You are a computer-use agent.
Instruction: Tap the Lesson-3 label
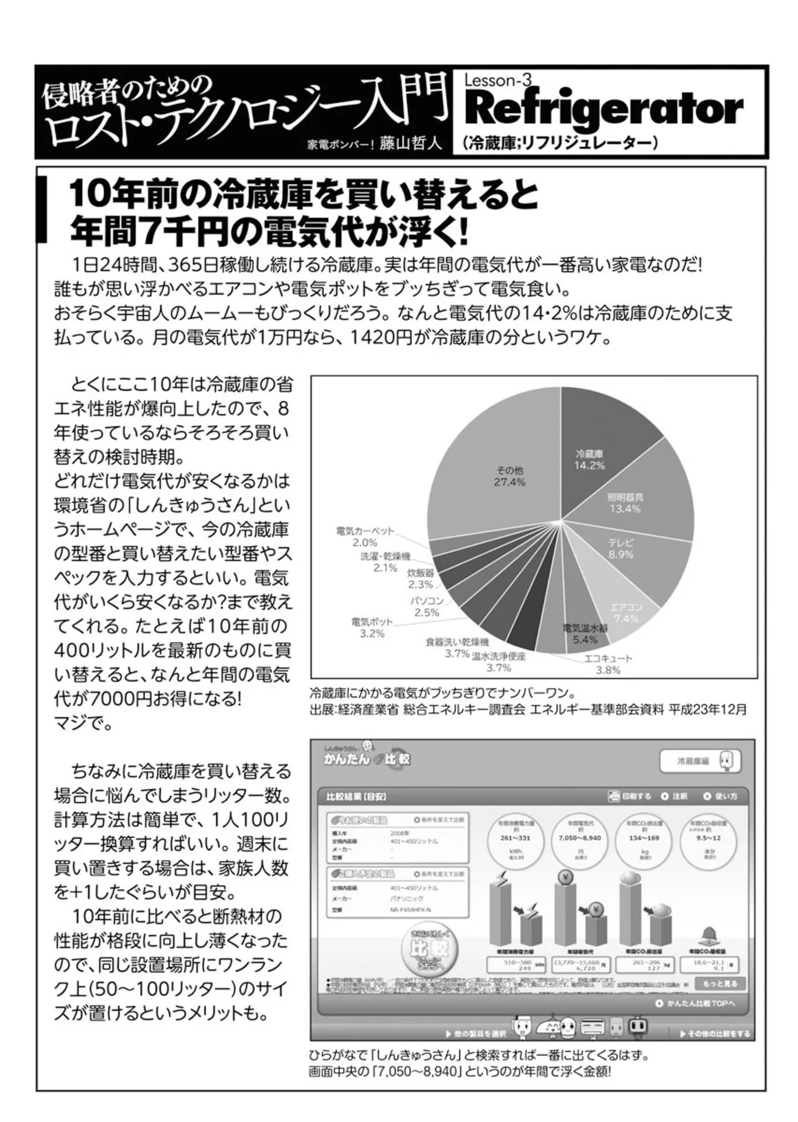click(x=497, y=81)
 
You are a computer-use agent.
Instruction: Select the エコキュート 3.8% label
click(x=608, y=664)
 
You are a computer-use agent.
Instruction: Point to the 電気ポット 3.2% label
click(x=372, y=627)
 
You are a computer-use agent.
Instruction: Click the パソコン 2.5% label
click(x=427, y=606)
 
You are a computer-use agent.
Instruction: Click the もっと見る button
click(x=720, y=984)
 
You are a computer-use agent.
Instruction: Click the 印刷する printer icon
click(x=614, y=796)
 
